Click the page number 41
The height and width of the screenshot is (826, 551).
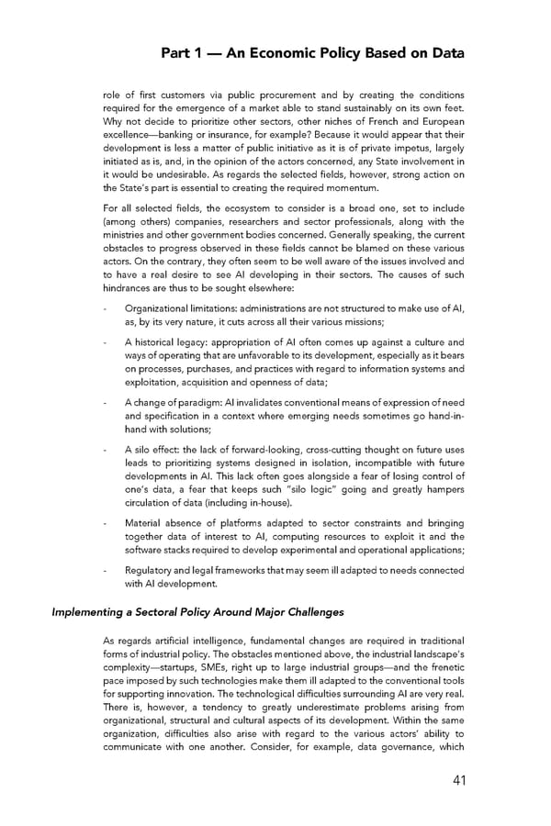(454, 782)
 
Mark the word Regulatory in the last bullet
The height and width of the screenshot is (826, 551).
(150, 570)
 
